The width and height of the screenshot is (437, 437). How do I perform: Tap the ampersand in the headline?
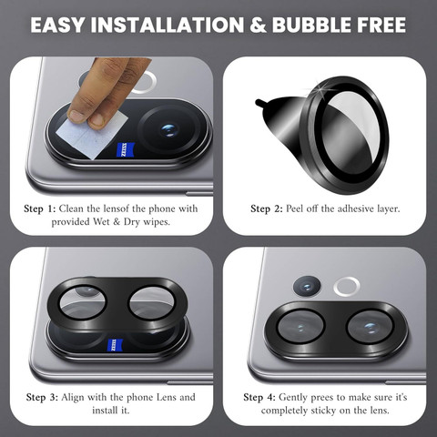point(258,25)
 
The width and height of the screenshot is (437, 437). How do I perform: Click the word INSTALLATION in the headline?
point(168,25)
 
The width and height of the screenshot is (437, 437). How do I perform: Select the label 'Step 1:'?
point(40,208)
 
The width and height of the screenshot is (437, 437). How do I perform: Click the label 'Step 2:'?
point(267,208)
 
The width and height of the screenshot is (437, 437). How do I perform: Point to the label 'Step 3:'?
point(42,397)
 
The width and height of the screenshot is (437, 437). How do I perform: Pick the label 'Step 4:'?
point(259,397)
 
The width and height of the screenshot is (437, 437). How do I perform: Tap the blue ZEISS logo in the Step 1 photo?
point(126,149)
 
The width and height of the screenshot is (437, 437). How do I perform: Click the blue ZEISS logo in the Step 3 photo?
point(115,345)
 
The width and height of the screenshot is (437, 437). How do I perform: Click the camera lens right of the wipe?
point(169,130)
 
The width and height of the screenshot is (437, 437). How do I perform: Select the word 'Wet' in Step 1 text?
point(102,222)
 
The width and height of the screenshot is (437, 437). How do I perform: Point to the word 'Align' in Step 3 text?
point(73,397)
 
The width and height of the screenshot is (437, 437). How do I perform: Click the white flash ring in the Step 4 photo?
point(347,287)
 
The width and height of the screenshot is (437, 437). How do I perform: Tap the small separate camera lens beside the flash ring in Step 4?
point(307,287)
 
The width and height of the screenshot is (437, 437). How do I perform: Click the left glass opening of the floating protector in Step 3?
point(83,302)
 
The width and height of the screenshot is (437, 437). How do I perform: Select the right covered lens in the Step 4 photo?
point(371,327)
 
